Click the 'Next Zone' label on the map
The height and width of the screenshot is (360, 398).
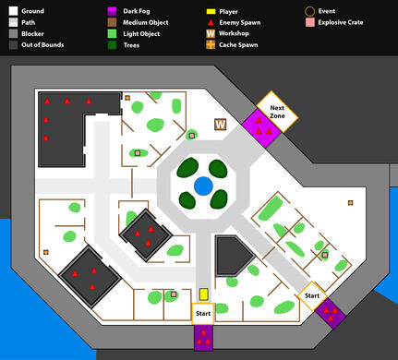coord(276,112)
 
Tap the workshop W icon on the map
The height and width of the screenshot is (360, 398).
coord(221,125)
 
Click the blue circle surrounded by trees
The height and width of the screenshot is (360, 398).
coord(203,186)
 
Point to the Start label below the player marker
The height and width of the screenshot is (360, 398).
coord(203,314)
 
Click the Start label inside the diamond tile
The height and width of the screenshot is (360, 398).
coord(312,295)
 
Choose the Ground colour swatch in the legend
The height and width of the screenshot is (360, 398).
coord(11,11)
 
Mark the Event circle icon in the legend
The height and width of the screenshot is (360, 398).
coord(308,11)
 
